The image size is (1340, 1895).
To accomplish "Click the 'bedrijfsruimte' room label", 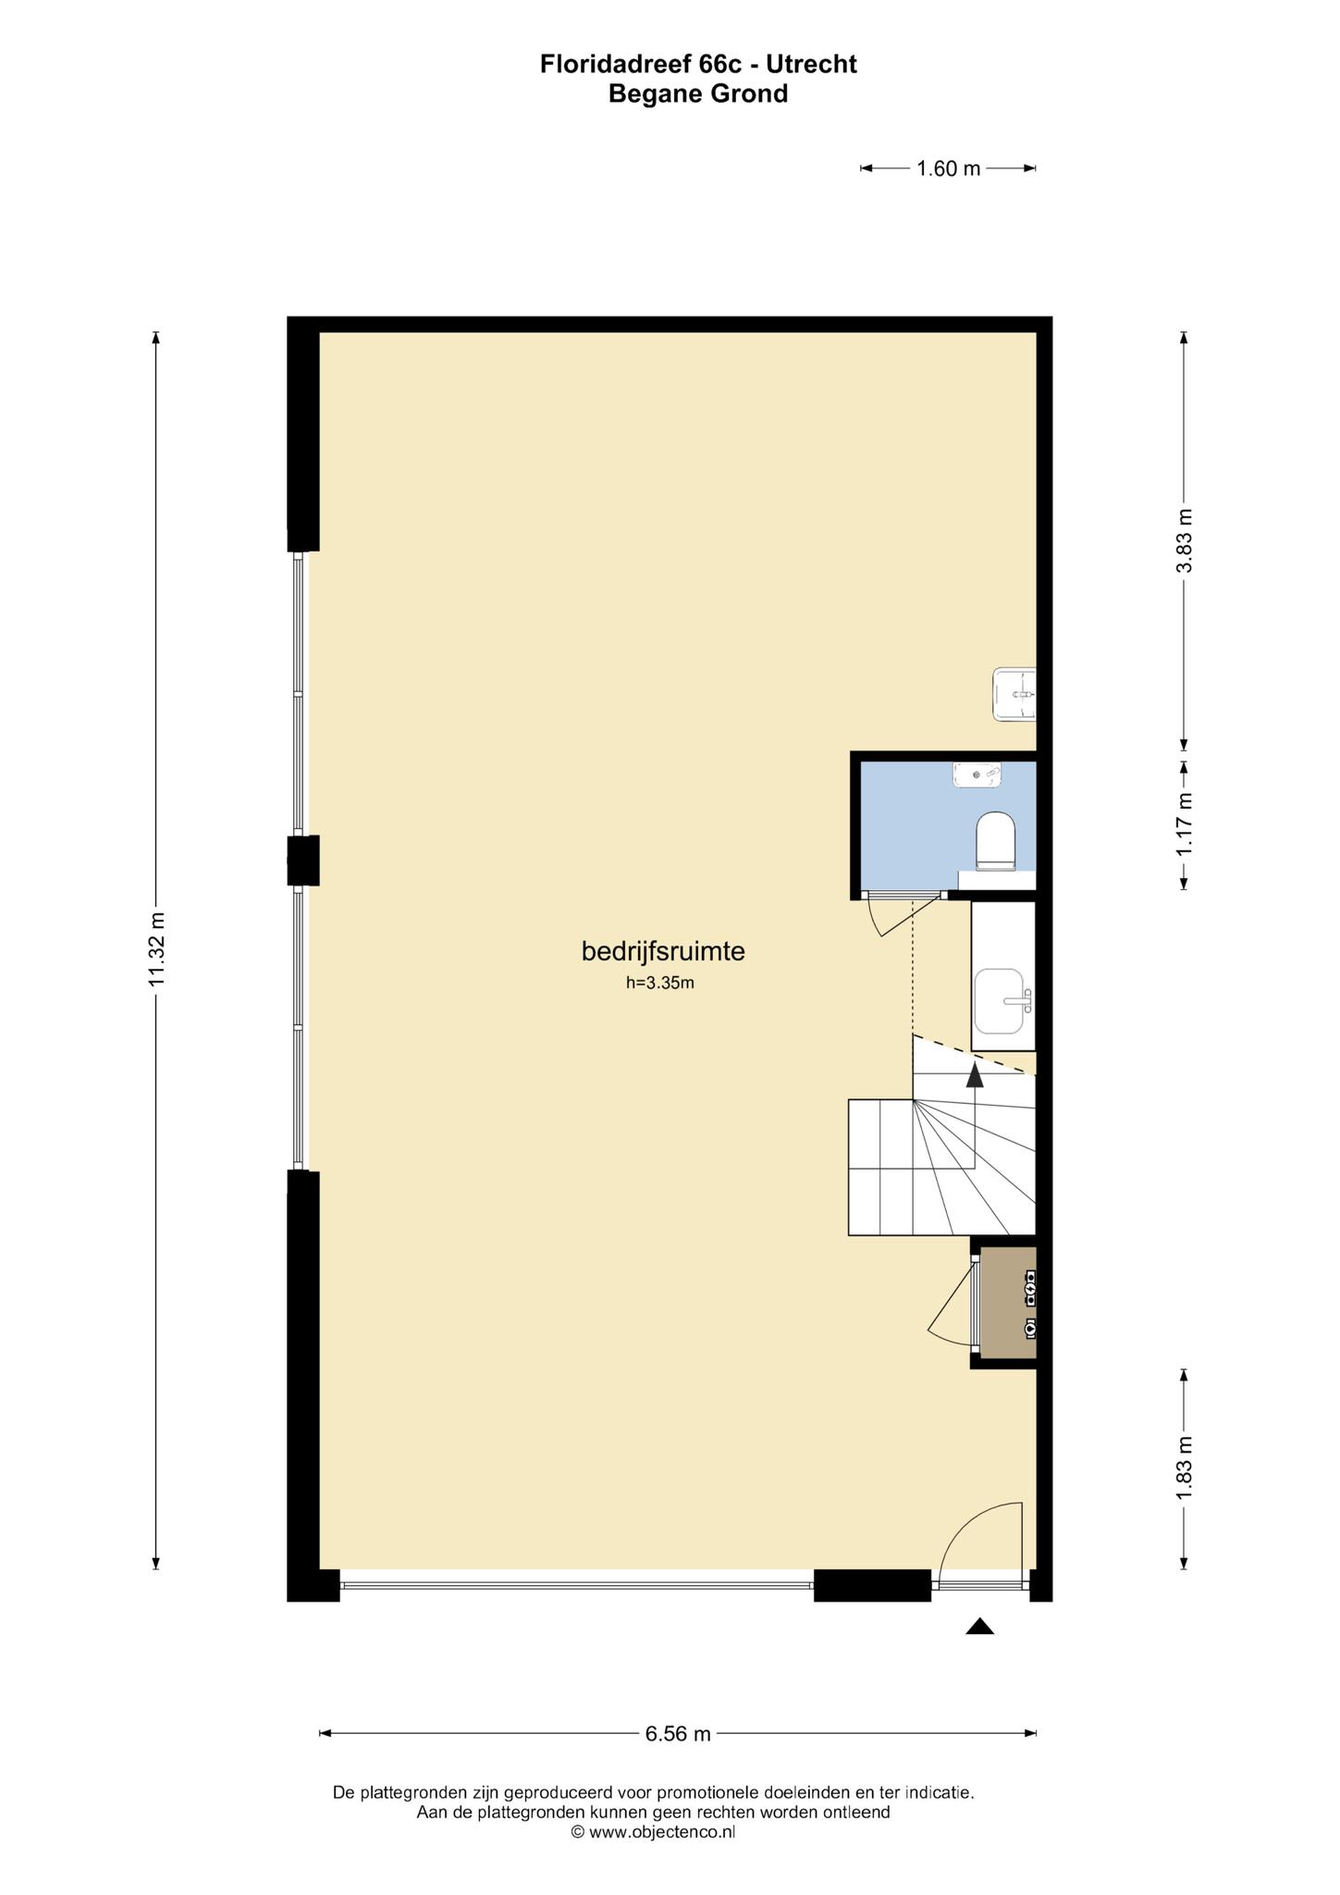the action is [x=662, y=951].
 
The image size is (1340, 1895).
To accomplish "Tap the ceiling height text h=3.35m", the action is [x=659, y=983].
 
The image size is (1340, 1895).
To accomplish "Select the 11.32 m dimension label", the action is [x=157, y=951].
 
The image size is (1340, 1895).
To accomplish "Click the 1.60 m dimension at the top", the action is [x=948, y=168].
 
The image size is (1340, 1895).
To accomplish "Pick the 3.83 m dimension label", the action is [x=1185, y=541].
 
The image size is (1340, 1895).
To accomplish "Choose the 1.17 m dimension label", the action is [x=1185, y=825].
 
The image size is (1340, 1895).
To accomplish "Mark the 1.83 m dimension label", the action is [x=1185, y=1469].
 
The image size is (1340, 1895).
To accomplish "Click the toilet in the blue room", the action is [x=996, y=841].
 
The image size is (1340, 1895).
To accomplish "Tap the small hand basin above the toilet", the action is [x=977, y=774].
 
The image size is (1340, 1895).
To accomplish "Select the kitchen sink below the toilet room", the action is [x=1001, y=1001].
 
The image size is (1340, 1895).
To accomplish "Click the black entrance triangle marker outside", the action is [x=979, y=1626].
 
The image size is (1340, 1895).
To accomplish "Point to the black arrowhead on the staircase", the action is [x=975, y=1073].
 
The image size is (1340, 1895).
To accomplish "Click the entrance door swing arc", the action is [x=972, y=1526].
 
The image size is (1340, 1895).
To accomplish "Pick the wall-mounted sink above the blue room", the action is [x=1014, y=694].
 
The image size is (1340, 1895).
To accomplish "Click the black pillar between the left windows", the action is [x=303, y=861].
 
